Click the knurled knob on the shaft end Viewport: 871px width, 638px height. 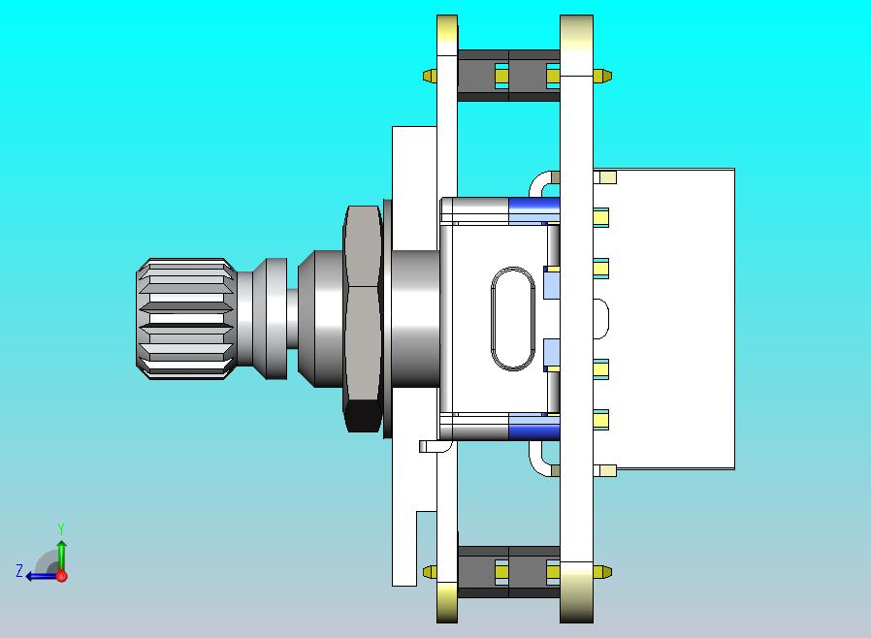[186, 319]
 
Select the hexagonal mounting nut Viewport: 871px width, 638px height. [363, 319]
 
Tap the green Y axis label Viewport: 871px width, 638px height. [61, 528]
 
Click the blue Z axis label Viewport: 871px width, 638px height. [19, 571]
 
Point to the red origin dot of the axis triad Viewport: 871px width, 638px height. [62, 576]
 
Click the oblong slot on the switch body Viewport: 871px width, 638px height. [513, 319]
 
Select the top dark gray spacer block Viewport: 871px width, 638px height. [508, 76]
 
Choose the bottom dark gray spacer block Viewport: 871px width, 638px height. [508, 571]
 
